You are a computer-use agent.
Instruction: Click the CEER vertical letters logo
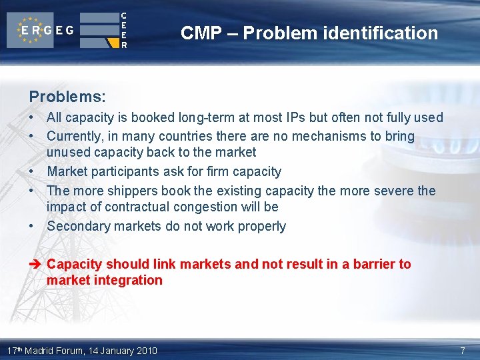(123, 31)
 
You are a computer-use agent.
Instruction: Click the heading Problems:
(67, 97)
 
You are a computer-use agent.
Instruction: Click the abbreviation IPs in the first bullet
(301, 118)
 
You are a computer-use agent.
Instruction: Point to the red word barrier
(374, 265)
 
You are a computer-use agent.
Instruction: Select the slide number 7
(463, 351)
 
